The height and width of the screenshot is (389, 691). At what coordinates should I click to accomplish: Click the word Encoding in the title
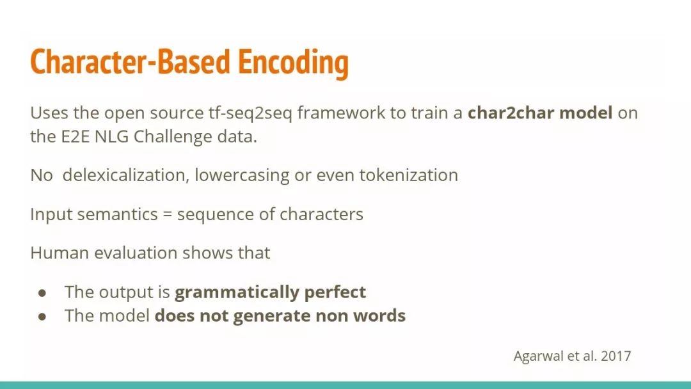click(293, 63)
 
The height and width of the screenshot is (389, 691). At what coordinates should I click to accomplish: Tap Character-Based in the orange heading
click(130, 61)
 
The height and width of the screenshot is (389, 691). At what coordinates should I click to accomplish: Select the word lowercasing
click(242, 176)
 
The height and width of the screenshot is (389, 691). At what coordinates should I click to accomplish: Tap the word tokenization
click(408, 175)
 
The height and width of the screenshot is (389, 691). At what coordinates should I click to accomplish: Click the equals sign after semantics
click(167, 215)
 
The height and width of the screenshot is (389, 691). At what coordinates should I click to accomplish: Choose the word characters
click(321, 214)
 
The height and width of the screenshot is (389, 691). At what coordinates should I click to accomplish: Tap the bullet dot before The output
click(42, 292)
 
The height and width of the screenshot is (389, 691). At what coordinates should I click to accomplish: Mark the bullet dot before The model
click(42, 316)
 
